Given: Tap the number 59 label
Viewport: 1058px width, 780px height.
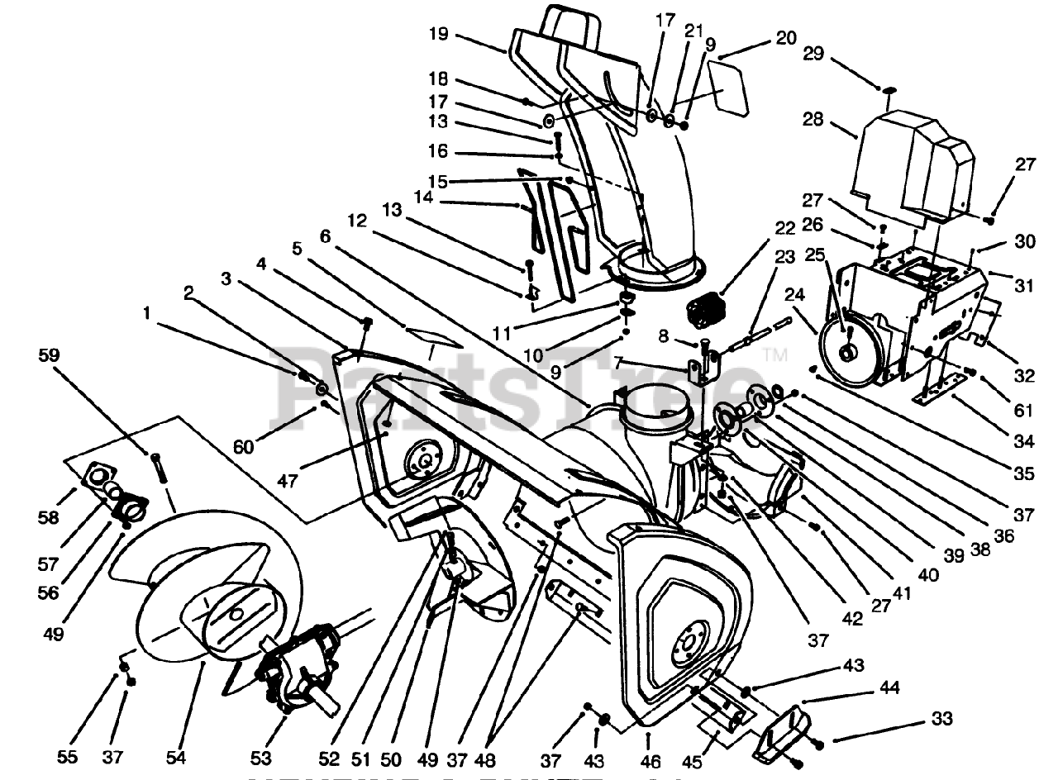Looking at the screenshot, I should pyautogui.click(x=49, y=356).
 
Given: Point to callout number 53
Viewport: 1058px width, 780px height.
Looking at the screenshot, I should pyautogui.click(x=261, y=757).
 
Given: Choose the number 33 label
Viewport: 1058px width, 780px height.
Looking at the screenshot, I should pyautogui.click(x=941, y=719).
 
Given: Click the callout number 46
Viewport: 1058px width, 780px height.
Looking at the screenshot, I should pyautogui.click(x=324, y=235).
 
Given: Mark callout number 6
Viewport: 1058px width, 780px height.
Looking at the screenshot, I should pyautogui.click(x=324, y=235).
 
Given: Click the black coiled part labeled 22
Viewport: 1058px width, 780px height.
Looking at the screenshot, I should pyautogui.click(x=706, y=312).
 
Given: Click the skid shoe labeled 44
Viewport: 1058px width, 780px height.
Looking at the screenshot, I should pyautogui.click(x=781, y=730).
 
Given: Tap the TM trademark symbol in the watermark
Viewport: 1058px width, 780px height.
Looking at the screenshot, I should pyautogui.click(x=774, y=356).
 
